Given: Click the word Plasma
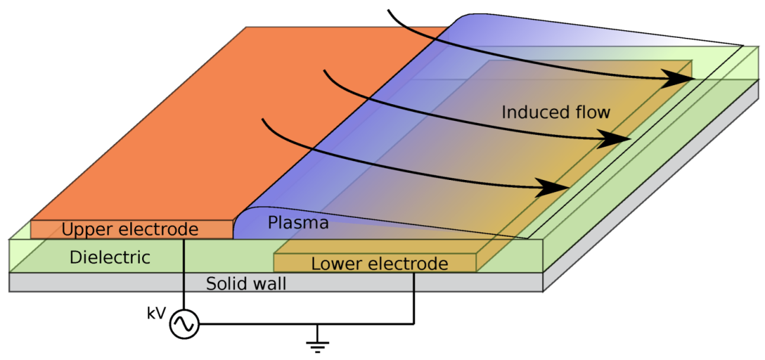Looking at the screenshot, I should (x=298, y=224).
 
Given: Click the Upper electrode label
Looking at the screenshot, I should (x=130, y=230).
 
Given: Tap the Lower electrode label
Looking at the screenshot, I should (x=380, y=263).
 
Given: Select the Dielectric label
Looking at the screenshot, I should (x=110, y=258).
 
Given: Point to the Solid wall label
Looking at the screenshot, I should (x=246, y=284).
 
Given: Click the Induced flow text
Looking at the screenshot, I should (x=555, y=112).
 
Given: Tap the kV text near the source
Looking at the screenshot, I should (x=156, y=314).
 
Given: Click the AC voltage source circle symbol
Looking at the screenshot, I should (x=184, y=324).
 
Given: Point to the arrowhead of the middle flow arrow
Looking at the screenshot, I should (x=616, y=139).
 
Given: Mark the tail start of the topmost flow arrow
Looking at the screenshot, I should (x=388, y=11).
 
